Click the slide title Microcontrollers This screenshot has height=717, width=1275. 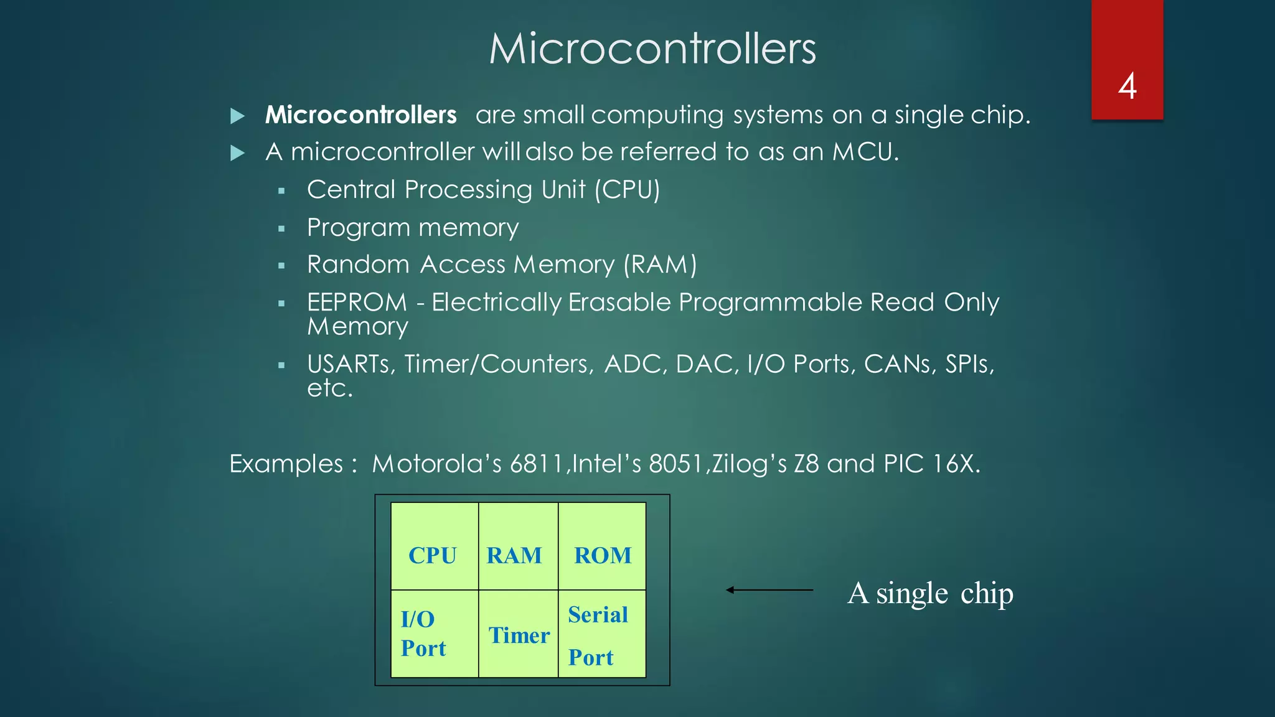click(652, 49)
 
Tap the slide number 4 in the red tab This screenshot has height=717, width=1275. click(1127, 86)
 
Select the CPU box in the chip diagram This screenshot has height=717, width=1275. click(434, 546)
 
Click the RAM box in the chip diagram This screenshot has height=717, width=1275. click(517, 546)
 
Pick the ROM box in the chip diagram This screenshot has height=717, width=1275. click(602, 546)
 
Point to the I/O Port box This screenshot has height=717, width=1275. click(434, 634)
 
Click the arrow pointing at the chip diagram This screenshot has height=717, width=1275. click(769, 590)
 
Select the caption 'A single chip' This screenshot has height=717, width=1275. click(930, 593)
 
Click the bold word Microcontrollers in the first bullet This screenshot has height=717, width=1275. click(360, 115)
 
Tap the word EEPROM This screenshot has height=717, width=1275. click(357, 302)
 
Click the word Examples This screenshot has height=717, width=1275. click(286, 464)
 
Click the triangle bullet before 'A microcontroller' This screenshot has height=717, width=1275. click(237, 153)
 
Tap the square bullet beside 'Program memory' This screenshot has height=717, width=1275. click(281, 229)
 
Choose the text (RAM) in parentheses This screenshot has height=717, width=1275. click(660, 265)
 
